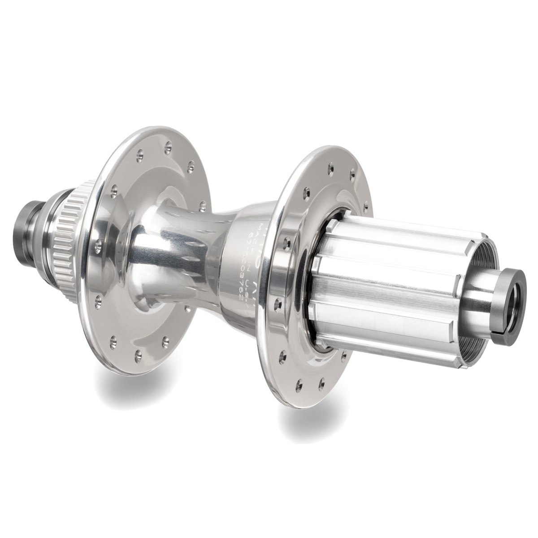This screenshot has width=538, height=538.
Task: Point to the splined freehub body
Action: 395,287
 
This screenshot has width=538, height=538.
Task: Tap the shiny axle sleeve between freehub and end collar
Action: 480,305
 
